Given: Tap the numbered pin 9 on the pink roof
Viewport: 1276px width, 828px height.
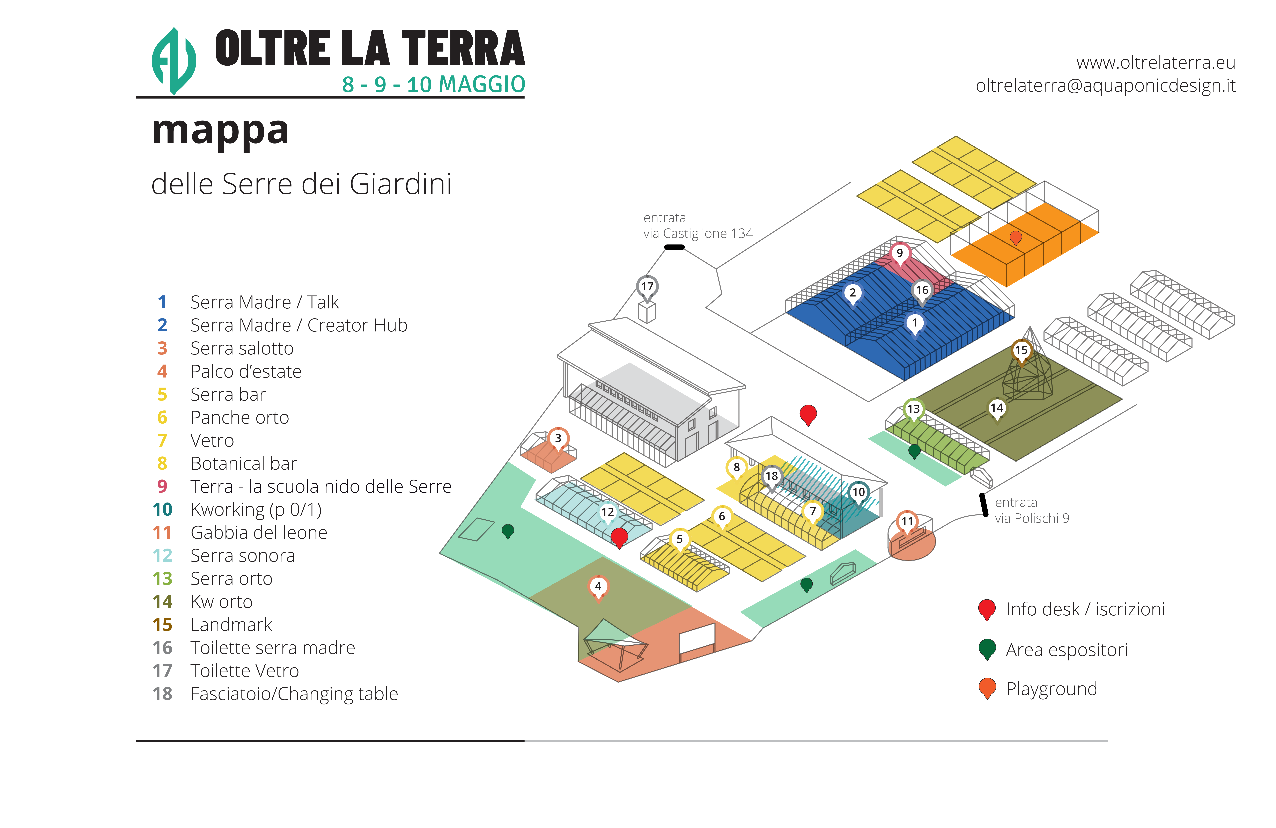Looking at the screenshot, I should (900, 253).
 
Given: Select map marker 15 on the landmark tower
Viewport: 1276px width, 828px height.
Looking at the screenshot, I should (1021, 350).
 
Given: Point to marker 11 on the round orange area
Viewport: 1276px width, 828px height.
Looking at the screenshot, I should (907, 521).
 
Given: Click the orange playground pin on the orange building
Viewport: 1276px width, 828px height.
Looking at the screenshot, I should (1015, 237).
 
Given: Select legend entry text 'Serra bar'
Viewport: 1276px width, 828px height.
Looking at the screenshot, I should (228, 395).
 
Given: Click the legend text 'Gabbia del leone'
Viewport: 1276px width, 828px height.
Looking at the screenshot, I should (258, 533).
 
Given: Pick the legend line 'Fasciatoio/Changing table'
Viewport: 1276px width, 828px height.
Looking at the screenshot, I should (294, 694).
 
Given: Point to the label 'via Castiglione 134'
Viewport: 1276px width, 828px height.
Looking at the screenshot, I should (698, 234).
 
